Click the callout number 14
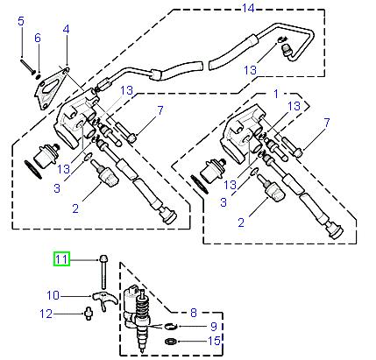[x=247, y=8]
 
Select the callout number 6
[x=38, y=39]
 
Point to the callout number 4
[x=66, y=31]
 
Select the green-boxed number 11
[x=61, y=258]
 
